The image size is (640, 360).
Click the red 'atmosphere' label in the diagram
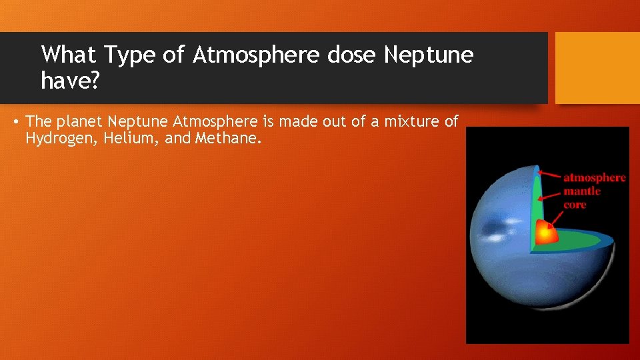(595, 177)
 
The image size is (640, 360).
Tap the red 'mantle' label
(582, 191)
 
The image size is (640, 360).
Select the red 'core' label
(575, 205)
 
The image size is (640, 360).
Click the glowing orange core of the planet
(546, 233)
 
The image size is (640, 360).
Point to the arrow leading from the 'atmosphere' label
(549, 175)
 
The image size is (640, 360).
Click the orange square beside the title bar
(597, 68)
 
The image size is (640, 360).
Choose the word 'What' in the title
(68, 55)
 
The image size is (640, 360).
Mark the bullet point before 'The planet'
(15, 122)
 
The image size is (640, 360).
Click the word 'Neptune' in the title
(428, 55)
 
